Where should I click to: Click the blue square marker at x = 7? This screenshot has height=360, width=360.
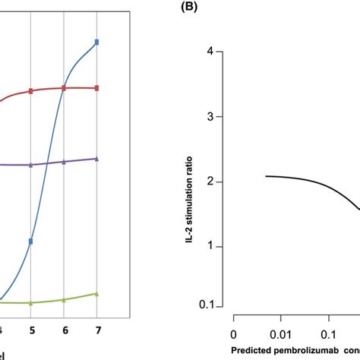[96, 42]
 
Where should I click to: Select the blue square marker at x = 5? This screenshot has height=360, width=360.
[31, 242]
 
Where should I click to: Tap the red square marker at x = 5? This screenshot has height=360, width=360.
[31, 91]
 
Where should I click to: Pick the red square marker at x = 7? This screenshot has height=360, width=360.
[96, 88]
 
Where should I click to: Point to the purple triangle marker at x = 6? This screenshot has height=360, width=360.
[64, 162]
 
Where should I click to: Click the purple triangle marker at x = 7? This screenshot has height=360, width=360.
[96, 159]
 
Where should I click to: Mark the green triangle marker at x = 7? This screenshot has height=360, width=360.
[96, 293]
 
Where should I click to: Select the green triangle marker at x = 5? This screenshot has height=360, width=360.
[31, 302]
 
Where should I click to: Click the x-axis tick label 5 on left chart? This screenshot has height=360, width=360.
[31, 331]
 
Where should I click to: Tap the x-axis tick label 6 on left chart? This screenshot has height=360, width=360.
[64, 331]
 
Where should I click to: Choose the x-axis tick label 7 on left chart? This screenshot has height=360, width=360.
[96, 331]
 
